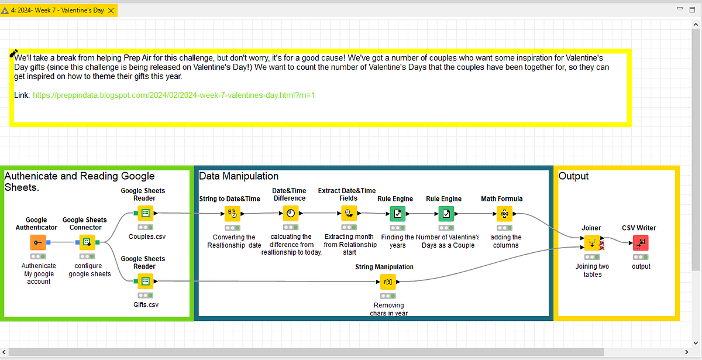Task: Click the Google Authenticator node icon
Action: (x=37, y=242)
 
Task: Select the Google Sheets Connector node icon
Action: (x=87, y=242)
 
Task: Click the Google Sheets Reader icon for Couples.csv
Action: (x=144, y=213)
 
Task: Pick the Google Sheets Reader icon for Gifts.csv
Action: (x=144, y=282)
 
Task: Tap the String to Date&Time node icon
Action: (x=232, y=214)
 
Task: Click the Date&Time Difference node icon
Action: (x=291, y=214)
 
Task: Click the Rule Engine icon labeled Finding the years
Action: (x=397, y=214)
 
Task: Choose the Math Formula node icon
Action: (x=504, y=214)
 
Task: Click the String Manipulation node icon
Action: (x=388, y=282)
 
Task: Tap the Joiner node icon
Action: (x=591, y=242)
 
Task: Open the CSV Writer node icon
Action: (x=641, y=242)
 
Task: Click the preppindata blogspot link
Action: (x=174, y=94)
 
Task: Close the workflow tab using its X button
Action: (x=111, y=11)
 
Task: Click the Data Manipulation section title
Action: (x=239, y=176)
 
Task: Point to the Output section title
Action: (x=573, y=176)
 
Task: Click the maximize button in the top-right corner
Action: (x=692, y=9)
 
